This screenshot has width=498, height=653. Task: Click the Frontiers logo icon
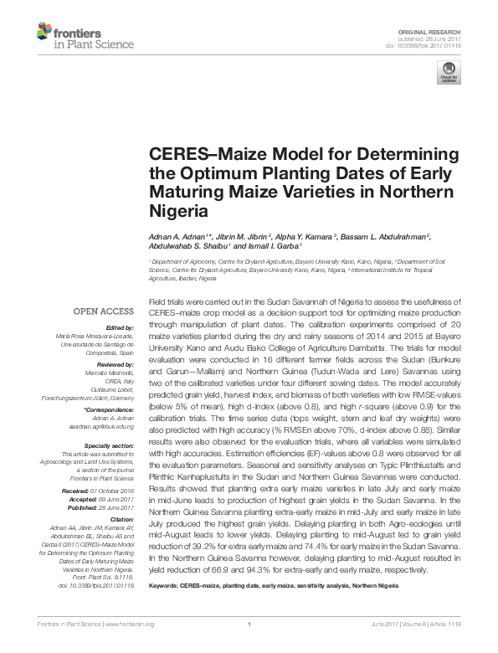45,33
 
